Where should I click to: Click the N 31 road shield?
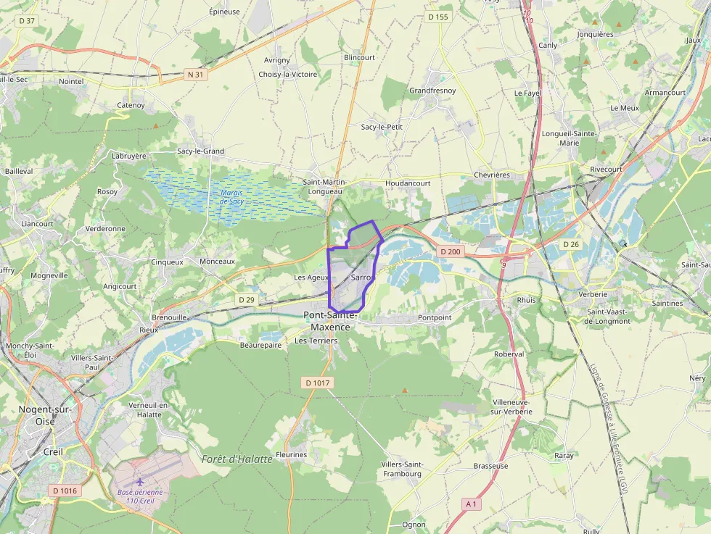coord(195,74)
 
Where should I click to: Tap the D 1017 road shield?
coord(318,382)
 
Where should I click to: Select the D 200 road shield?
coord(450,251)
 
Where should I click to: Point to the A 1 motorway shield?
coord(471,504)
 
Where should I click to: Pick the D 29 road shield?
coord(247,299)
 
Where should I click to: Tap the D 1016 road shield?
coord(65,491)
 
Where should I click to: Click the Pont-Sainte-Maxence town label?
coord(330,320)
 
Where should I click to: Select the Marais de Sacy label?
coord(231,196)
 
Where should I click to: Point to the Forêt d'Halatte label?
coord(237,459)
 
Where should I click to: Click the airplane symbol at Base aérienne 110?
coord(140,481)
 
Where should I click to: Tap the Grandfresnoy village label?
coord(432,91)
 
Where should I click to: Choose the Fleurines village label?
coord(292,455)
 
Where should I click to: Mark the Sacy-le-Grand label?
coord(200,151)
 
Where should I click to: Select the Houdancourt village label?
coord(408,183)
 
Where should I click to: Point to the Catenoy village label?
coord(131,105)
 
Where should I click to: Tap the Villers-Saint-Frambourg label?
coord(402,469)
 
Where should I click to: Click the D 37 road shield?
coord(28,21)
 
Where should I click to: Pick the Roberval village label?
coord(509,354)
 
